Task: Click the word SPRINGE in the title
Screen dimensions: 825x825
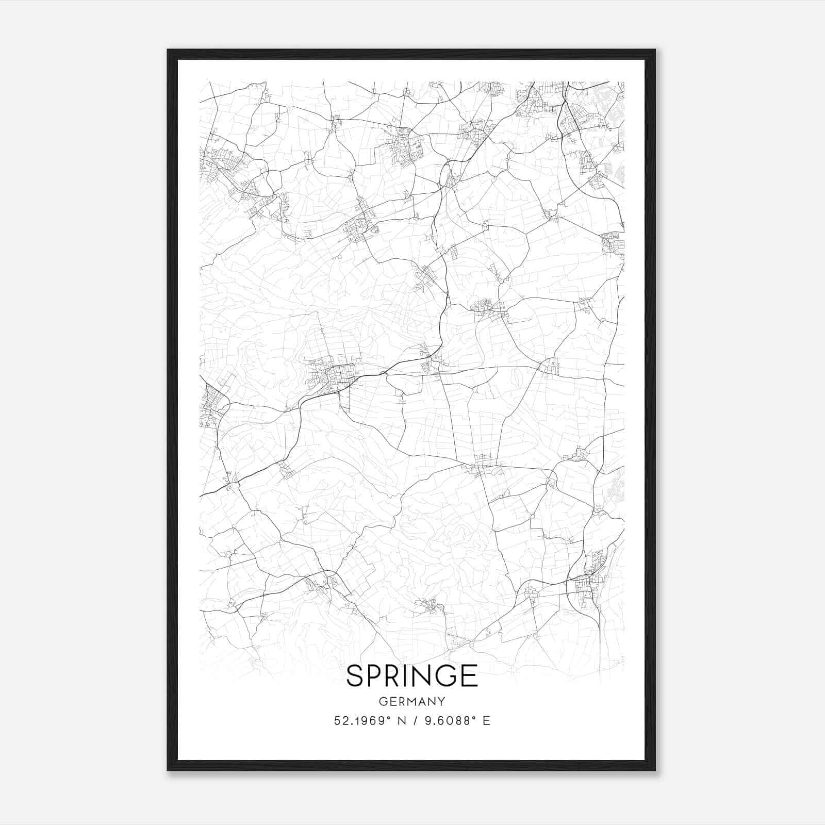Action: pyautogui.click(x=412, y=675)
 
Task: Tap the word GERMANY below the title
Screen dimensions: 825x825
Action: pyautogui.click(x=412, y=701)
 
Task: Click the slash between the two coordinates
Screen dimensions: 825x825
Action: pyautogui.click(x=414, y=720)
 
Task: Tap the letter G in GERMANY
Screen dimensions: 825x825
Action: pyautogui.click(x=383, y=701)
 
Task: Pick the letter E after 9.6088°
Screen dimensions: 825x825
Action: pyautogui.click(x=486, y=720)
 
